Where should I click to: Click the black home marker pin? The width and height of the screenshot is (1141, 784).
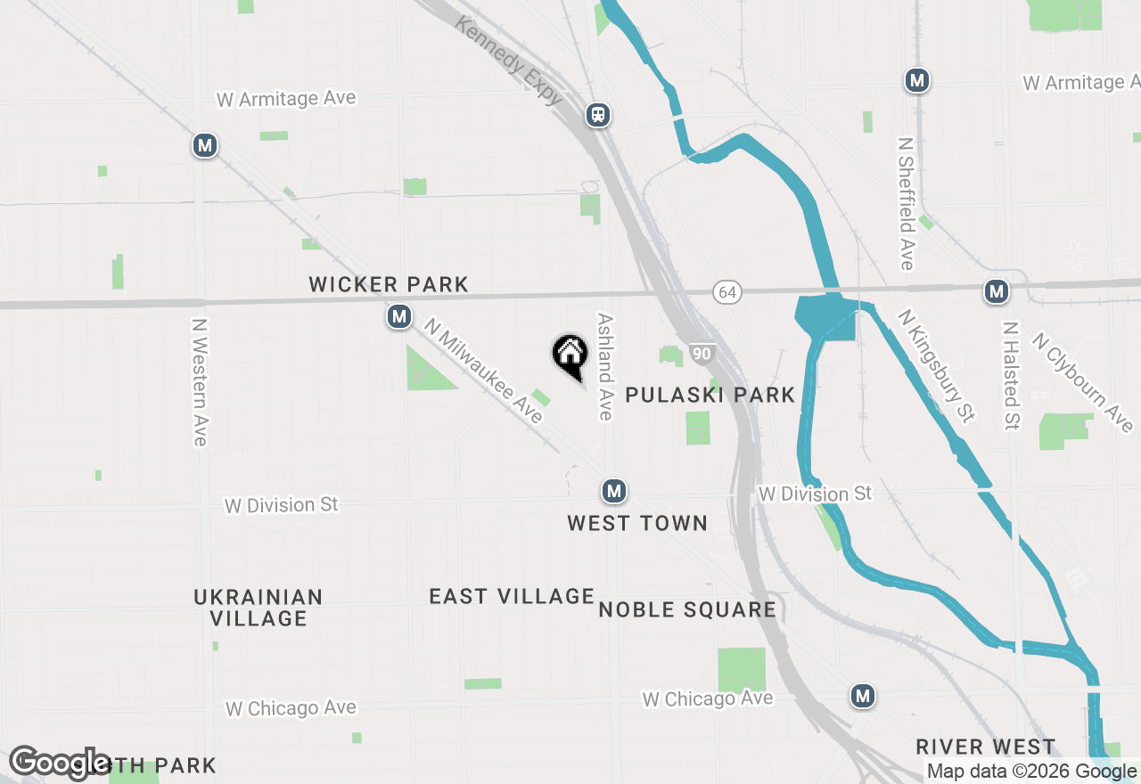pos(570,355)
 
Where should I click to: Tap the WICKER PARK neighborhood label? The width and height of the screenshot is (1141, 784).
pos(389,285)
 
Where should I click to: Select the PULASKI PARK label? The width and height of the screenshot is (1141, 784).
pos(710,396)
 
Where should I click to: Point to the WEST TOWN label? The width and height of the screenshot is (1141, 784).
pos(637,523)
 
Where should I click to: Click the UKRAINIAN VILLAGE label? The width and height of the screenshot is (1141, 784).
pos(259,607)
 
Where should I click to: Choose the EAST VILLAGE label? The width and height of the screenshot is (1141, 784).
pos(512,596)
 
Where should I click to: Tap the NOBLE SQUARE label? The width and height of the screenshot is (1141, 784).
pos(687,609)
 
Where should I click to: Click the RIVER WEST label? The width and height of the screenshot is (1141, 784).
pos(985,747)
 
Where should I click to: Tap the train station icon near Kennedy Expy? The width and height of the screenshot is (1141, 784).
pos(597,114)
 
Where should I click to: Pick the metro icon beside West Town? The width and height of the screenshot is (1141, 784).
pos(612,491)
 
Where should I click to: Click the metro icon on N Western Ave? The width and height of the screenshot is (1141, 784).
pos(205,145)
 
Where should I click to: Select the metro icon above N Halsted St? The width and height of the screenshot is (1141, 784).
pos(996,290)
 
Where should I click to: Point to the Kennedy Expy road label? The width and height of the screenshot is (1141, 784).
pos(508,60)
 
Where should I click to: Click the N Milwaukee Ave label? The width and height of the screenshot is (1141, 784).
pos(483,372)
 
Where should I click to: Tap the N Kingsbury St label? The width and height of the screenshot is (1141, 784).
pos(937,365)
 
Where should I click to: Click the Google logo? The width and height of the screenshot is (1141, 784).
pos(60,764)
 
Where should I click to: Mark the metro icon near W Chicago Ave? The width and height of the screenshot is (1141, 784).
pos(862,696)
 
